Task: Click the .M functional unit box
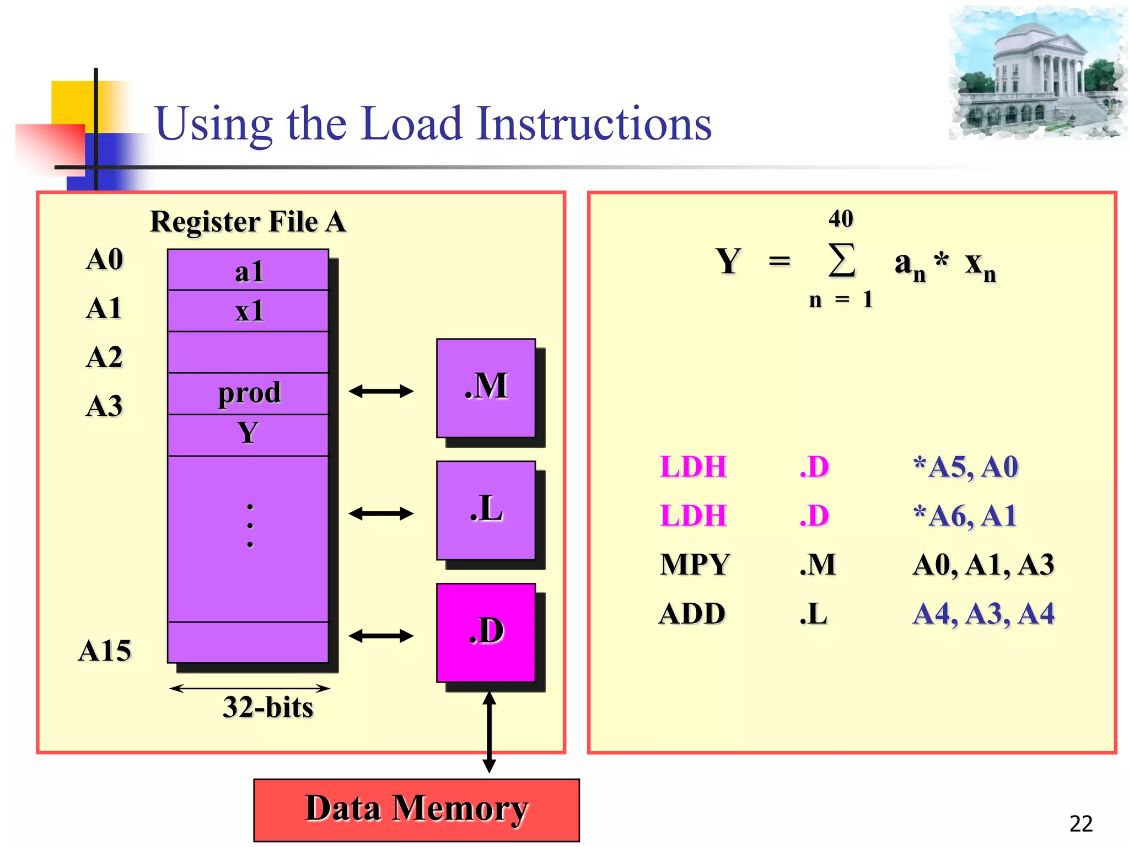(x=486, y=388)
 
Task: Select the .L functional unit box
(x=486, y=510)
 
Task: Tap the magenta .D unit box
(x=486, y=632)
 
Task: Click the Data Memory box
(x=416, y=810)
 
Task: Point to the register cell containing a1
(x=248, y=270)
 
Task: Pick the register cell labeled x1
(x=248, y=311)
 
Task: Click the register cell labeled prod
(x=248, y=394)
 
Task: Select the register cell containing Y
(x=248, y=435)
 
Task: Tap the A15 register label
(x=105, y=651)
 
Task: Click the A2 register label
(x=104, y=357)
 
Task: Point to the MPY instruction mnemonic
(x=695, y=565)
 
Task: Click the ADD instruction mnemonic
(x=692, y=614)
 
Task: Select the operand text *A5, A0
(x=965, y=467)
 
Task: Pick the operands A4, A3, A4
(x=983, y=614)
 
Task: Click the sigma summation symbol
(x=842, y=260)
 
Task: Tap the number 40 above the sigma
(x=841, y=219)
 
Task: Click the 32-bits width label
(x=268, y=707)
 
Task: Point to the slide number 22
(x=1080, y=824)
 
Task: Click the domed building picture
(x=1037, y=73)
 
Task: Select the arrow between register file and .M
(x=381, y=392)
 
